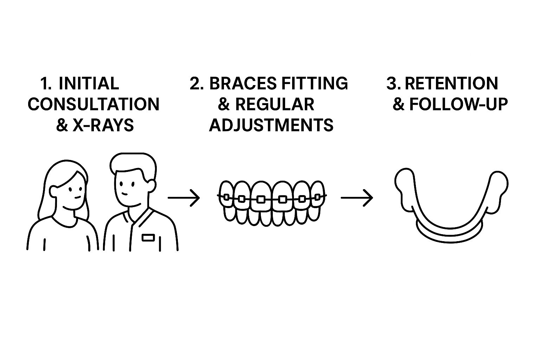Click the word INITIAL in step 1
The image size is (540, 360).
click(x=89, y=84)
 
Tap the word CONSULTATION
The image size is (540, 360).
click(x=93, y=104)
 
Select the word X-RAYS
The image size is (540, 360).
click(x=103, y=125)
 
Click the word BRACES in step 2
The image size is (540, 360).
click(x=243, y=84)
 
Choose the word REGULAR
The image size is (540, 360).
click(x=274, y=104)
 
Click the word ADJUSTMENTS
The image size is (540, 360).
click(x=271, y=125)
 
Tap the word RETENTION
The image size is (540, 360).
click(x=451, y=84)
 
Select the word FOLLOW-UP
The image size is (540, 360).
click(x=459, y=104)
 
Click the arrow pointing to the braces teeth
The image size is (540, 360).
click(x=184, y=198)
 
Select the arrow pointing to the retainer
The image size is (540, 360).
click(x=356, y=198)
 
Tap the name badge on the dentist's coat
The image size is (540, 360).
click(x=148, y=238)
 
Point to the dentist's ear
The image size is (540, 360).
click(x=152, y=185)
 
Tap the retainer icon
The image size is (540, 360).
click(x=451, y=207)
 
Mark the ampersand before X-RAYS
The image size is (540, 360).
click(x=62, y=125)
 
